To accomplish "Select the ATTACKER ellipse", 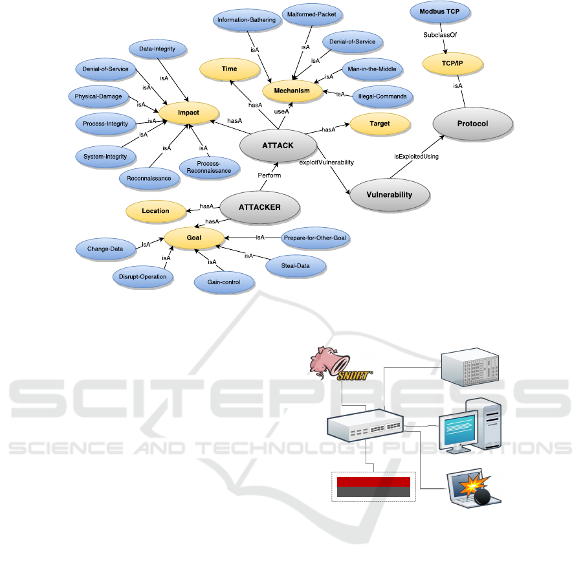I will [x=259, y=208].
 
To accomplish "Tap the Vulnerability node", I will [x=390, y=194].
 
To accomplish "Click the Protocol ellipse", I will [x=472, y=124].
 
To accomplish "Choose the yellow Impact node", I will [x=188, y=112].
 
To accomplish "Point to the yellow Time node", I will [x=229, y=69].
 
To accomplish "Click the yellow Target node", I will [x=379, y=123].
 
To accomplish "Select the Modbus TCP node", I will [x=440, y=12].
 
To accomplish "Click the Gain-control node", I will [x=224, y=283].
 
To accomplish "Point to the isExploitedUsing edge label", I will [x=415, y=156].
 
